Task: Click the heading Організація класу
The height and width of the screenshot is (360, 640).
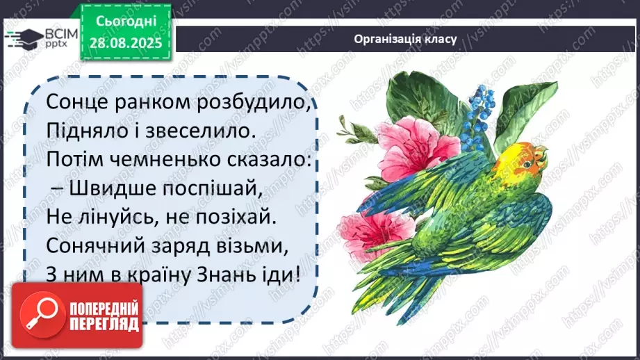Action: [x=405, y=39]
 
